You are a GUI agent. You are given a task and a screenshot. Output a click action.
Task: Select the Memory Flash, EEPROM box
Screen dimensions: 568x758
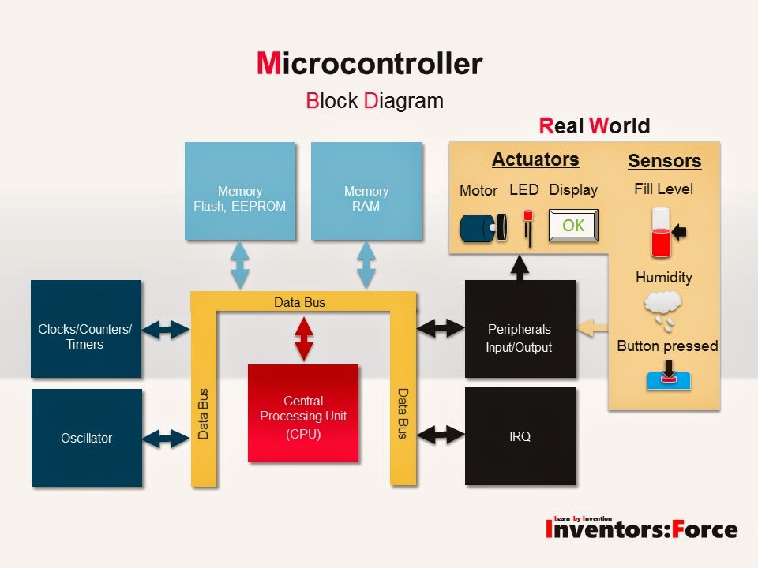pyautogui.click(x=240, y=191)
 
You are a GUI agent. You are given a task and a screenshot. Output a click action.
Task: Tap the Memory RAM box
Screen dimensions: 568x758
pyautogui.click(x=366, y=191)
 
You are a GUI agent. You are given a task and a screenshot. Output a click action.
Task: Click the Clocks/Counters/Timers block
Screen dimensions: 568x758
pyautogui.click(x=86, y=329)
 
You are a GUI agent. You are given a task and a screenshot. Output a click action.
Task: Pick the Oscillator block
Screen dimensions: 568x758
pyautogui.click(x=86, y=438)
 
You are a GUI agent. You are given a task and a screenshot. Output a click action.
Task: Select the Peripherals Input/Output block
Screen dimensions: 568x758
pyautogui.click(x=520, y=329)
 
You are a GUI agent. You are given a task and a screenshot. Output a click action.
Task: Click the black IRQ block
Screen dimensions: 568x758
pyautogui.click(x=520, y=435)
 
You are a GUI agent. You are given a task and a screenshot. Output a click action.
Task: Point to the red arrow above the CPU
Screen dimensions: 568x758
pyautogui.click(x=303, y=338)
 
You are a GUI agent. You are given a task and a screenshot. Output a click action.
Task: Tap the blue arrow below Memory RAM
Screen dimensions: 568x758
pyautogui.click(x=366, y=265)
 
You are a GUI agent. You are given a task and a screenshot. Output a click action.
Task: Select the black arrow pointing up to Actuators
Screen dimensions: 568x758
pyautogui.click(x=520, y=267)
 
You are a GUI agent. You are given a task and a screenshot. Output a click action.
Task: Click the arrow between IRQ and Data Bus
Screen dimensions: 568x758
pyautogui.click(x=441, y=433)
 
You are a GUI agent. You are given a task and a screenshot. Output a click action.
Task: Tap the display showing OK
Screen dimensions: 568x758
pyautogui.click(x=573, y=226)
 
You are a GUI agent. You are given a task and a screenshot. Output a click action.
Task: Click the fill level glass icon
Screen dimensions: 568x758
pyautogui.click(x=661, y=232)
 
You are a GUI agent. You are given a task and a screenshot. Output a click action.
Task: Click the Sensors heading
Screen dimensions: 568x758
pyautogui.click(x=664, y=161)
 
